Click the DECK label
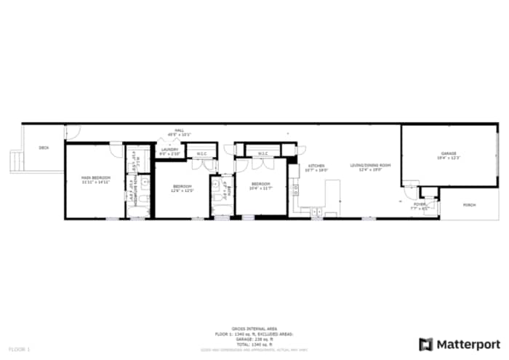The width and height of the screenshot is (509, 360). pyautogui.click(x=44, y=148)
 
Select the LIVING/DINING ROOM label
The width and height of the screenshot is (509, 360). pyautogui.click(x=370, y=166)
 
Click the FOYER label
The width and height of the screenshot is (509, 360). pyautogui.click(x=420, y=205)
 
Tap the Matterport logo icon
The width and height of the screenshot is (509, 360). pyautogui.click(x=426, y=343)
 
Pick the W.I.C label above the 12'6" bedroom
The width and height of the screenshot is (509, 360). pyautogui.click(x=201, y=153)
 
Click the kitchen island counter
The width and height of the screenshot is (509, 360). pyautogui.click(x=332, y=193)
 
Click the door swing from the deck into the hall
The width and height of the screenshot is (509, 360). pyautogui.click(x=71, y=132)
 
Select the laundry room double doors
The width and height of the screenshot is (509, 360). pyautogui.click(x=166, y=141)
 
